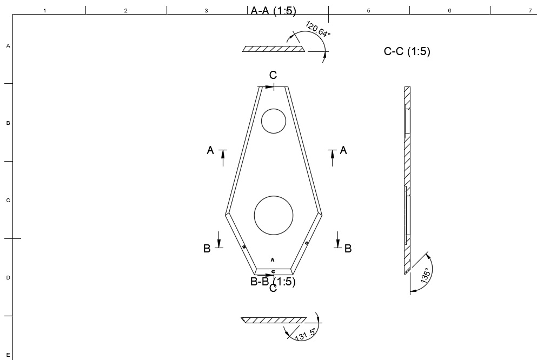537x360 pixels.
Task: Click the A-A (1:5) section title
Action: click(x=273, y=11)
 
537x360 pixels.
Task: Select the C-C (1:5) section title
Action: click(x=407, y=52)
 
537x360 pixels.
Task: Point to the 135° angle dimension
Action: click(x=426, y=276)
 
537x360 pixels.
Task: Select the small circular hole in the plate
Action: click(x=273, y=121)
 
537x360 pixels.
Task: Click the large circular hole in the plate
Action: click(x=274, y=215)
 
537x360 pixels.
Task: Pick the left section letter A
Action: click(x=210, y=151)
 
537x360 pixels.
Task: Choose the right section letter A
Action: click(x=343, y=151)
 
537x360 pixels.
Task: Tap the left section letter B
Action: click(x=207, y=249)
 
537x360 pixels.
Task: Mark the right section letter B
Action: click(x=348, y=249)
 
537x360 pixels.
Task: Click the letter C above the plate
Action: click(x=273, y=76)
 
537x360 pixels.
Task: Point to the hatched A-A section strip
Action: click(x=273, y=49)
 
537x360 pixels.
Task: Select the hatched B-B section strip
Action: click(x=274, y=320)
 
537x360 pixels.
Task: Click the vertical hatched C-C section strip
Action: click(x=407, y=178)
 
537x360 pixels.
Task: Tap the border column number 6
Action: click(x=449, y=11)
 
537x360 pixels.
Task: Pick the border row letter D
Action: click(x=8, y=278)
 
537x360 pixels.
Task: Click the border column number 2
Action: click(x=125, y=11)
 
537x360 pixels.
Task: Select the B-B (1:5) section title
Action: click(x=273, y=282)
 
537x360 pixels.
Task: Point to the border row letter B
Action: click(x=8, y=123)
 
